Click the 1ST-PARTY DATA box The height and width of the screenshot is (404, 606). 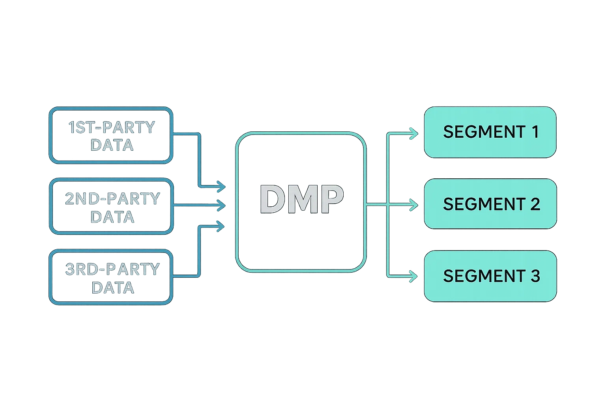click(x=111, y=135)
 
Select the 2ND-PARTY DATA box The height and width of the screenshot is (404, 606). click(x=112, y=207)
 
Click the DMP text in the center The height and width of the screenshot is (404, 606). click(x=301, y=200)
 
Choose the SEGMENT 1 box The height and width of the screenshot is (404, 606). click(x=490, y=132)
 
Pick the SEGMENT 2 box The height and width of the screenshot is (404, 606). click(x=490, y=204)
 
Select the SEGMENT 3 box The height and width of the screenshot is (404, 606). click(x=490, y=276)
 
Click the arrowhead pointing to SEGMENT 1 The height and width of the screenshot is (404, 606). click(x=414, y=134)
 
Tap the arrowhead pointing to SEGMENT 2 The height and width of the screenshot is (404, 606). click(x=414, y=205)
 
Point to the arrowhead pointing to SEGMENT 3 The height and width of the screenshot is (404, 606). click(x=414, y=276)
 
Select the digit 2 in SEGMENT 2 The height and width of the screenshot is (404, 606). click(x=535, y=204)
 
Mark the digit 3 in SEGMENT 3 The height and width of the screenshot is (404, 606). click(x=535, y=276)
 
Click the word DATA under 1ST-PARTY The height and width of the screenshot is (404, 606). click(x=112, y=145)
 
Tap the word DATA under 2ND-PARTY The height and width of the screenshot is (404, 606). click(x=112, y=217)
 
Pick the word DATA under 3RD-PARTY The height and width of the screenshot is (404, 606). click(x=113, y=288)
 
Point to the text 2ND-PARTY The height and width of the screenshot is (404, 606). click(x=112, y=198)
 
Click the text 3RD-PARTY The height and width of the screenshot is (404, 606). click(x=112, y=269)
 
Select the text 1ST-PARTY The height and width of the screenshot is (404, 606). click(x=112, y=127)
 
